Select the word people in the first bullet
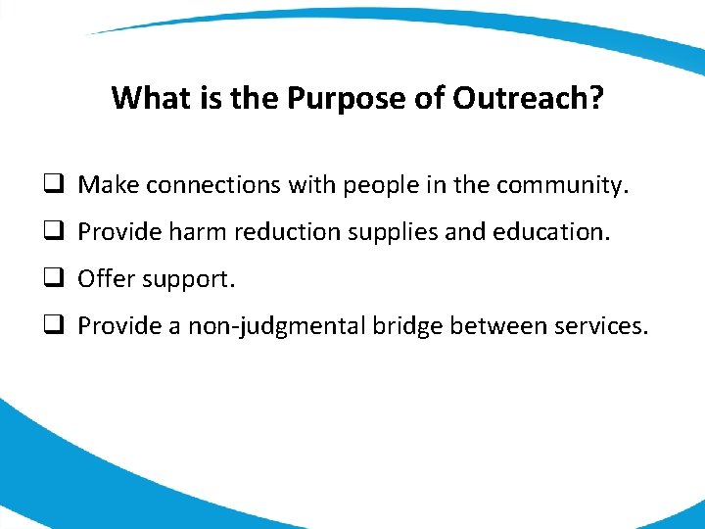(380, 184)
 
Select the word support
(189, 280)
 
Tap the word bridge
(407, 326)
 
